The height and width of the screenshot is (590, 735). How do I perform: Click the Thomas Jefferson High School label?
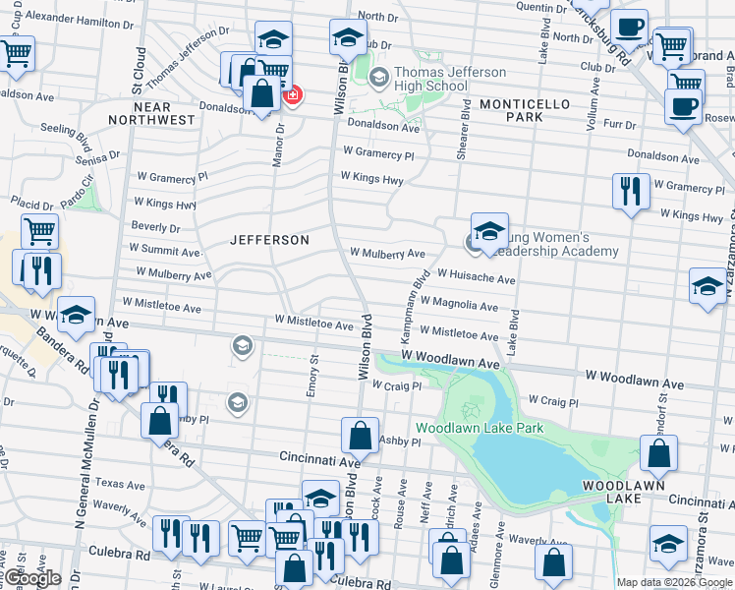(451, 80)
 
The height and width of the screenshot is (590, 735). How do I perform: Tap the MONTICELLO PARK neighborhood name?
(511, 109)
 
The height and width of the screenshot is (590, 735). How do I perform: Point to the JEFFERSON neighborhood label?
(269, 240)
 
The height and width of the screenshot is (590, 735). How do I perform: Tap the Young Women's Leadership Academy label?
(555, 244)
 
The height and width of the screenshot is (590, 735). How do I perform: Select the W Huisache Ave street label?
(477, 279)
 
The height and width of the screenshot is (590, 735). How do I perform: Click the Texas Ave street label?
(120, 484)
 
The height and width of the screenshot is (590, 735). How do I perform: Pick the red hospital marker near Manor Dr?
(292, 95)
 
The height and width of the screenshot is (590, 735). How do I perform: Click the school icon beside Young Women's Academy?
(489, 231)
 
